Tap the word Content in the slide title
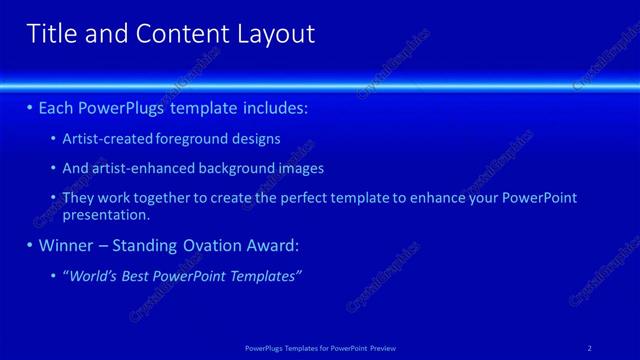(174, 34)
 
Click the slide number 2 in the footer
(589, 347)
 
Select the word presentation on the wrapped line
(106, 214)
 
